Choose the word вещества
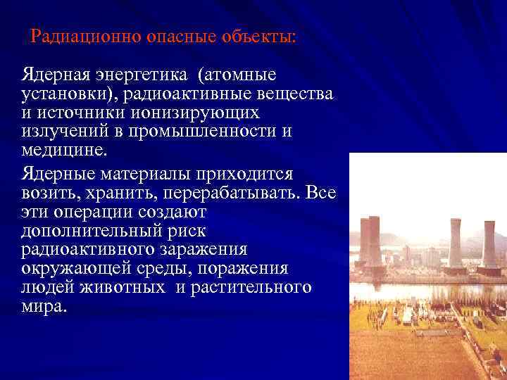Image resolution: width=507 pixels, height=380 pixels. (x=295, y=94)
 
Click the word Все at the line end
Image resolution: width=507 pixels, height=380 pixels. (x=321, y=192)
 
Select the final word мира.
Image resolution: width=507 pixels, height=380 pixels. (x=45, y=306)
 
